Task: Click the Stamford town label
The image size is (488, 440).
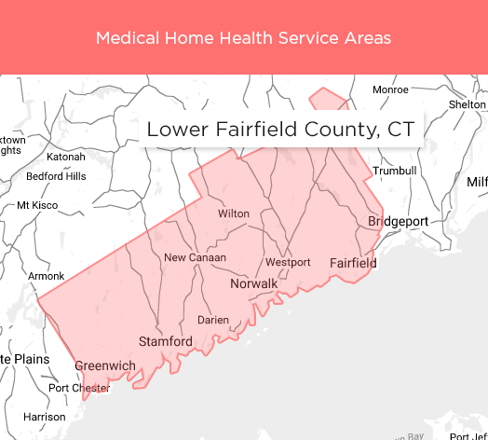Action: (x=166, y=342)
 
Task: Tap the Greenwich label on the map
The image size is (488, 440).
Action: (x=105, y=366)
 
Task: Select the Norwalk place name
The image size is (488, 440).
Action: (x=254, y=283)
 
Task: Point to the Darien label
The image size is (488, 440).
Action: (x=213, y=320)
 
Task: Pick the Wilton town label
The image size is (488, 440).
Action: (x=234, y=213)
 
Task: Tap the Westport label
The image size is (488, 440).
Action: (x=288, y=262)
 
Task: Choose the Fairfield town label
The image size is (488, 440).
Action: (x=354, y=263)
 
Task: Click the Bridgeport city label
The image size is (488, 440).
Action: (x=398, y=221)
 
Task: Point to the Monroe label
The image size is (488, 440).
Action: (x=390, y=89)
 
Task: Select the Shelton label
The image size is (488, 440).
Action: (x=467, y=104)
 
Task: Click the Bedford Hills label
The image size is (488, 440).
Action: (x=56, y=176)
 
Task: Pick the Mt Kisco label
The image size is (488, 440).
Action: (x=37, y=205)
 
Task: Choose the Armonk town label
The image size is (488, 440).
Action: (x=47, y=276)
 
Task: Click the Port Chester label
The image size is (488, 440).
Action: (x=79, y=388)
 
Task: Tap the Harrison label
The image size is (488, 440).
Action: (x=45, y=417)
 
